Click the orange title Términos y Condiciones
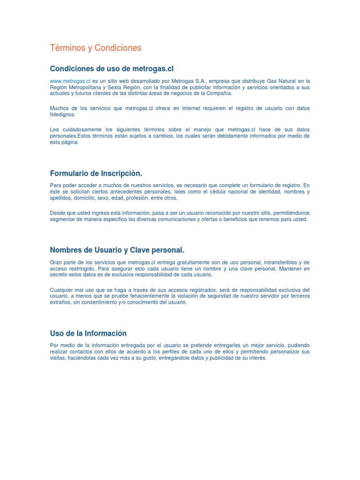click(96, 48)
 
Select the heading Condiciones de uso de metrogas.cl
click(108, 69)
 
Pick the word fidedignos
click(62, 114)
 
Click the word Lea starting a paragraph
click(55, 129)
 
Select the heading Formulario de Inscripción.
click(96, 173)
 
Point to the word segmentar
click(62, 219)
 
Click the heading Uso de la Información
click(89, 333)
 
